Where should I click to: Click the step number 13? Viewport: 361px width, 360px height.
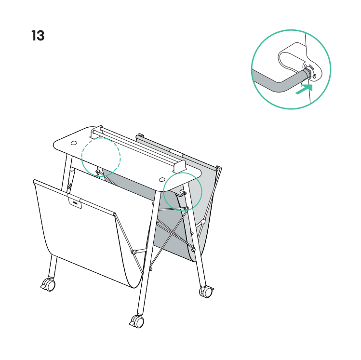(38, 36)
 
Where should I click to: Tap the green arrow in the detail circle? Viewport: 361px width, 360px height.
(304, 89)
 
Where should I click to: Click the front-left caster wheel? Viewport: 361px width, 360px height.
(49, 285)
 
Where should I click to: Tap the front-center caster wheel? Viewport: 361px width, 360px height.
(137, 321)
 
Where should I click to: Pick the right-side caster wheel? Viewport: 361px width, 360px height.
(206, 292)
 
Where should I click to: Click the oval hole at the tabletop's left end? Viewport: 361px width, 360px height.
(74, 143)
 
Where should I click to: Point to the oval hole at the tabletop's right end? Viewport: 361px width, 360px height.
(162, 179)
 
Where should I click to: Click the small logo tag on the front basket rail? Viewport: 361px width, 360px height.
(75, 202)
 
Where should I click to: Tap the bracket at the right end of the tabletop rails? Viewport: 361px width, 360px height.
(179, 166)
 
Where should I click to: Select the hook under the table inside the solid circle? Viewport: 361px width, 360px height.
(181, 193)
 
